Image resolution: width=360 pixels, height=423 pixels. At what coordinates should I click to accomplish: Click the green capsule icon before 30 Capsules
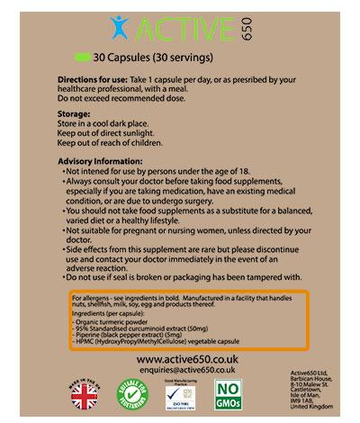point(87,56)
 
